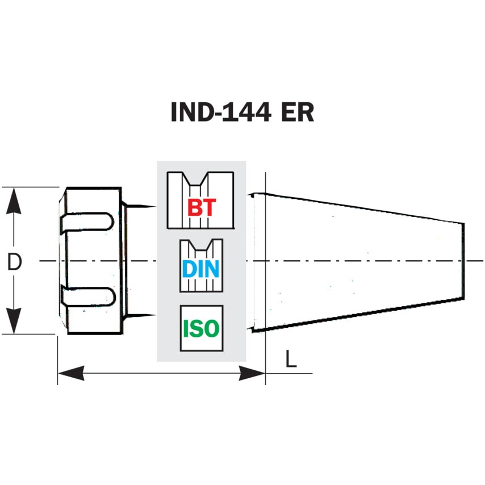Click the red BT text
[x=202, y=208]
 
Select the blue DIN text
[x=200, y=269]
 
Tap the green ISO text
[x=201, y=329]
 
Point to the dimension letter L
[x=291, y=359]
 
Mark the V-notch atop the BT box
[x=200, y=180]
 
